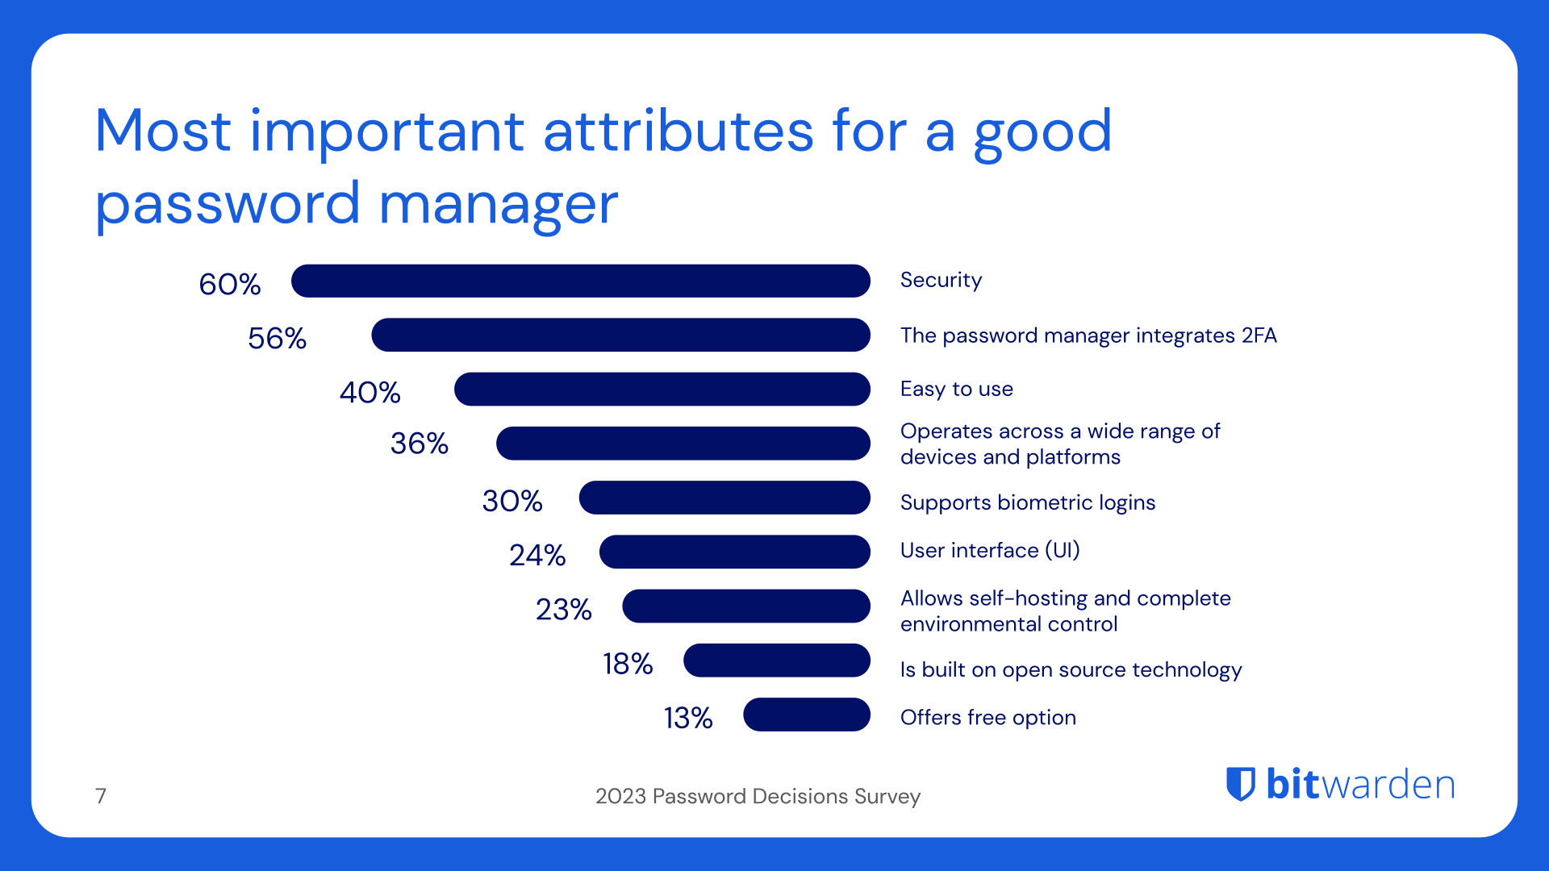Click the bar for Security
(x=581, y=281)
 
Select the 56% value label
(x=277, y=338)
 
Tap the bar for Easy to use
(x=662, y=389)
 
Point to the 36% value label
(x=419, y=444)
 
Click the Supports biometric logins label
(x=1027, y=502)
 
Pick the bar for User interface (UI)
(x=734, y=552)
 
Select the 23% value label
(x=563, y=610)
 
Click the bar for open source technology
(x=776, y=661)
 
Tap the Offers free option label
(x=987, y=718)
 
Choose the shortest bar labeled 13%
(x=806, y=715)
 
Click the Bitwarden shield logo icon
(x=1241, y=784)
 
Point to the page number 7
(x=101, y=796)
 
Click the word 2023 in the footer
(x=620, y=797)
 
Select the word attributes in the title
(x=678, y=131)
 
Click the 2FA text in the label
(x=1259, y=335)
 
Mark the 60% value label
(x=229, y=284)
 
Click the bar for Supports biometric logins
(x=724, y=498)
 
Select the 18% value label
(x=627, y=664)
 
